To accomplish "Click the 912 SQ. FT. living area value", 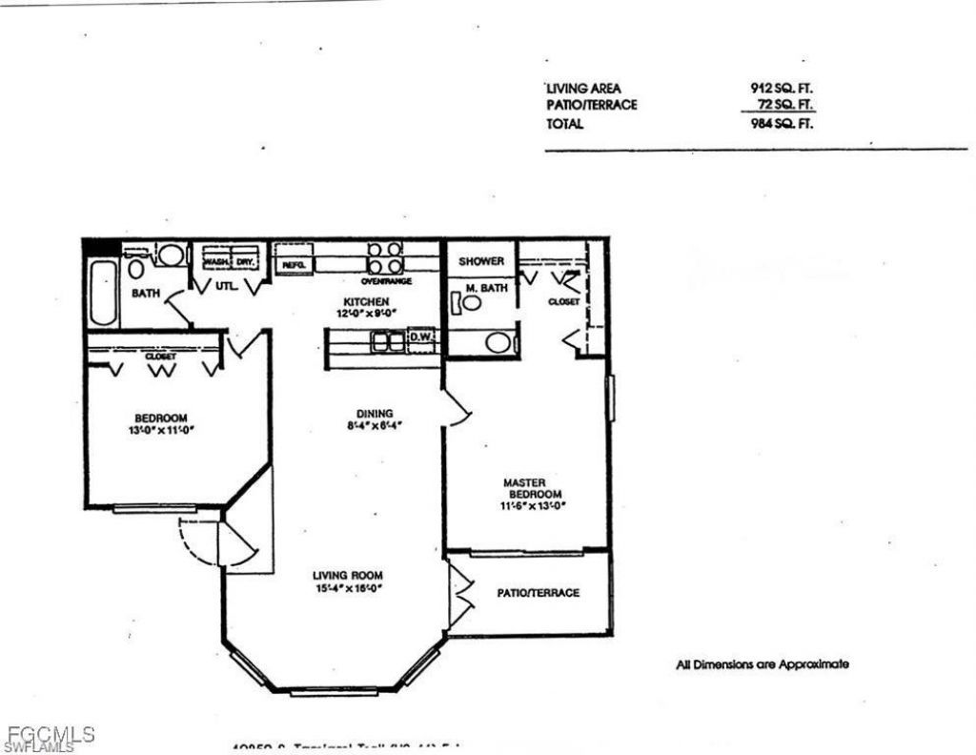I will [782, 89].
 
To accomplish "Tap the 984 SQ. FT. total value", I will [782, 124].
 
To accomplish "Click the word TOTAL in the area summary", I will [564, 124].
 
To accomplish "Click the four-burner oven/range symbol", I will [386, 258].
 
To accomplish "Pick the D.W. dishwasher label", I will [420, 337].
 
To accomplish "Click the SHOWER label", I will [481, 261].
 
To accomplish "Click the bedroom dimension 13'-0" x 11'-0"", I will [161, 430].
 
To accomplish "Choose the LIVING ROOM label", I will [348, 575].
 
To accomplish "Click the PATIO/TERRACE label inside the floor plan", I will [538, 592].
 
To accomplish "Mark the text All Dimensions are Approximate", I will [762, 664].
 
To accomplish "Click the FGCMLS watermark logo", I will [48, 737].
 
